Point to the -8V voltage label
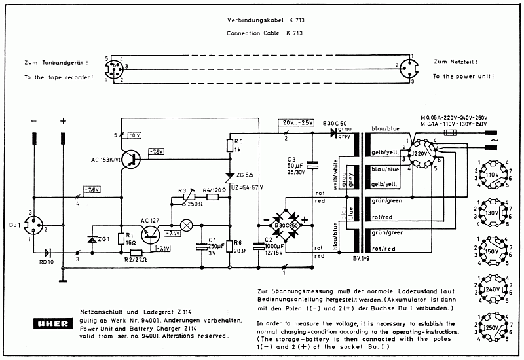[x=134, y=135]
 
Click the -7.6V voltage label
[x=92, y=190]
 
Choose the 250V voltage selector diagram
[x=491, y=326]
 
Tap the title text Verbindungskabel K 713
[x=265, y=20]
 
